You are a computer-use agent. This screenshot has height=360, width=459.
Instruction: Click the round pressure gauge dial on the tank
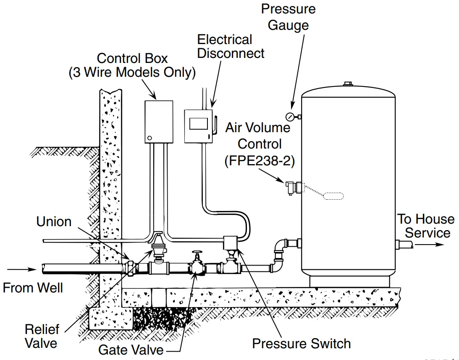pyautogui.click(x=289, y=116)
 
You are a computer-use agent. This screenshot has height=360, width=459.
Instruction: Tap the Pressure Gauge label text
pyautogui.click(x=288, y=17)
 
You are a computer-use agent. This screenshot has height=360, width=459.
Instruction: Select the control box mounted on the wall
pyautogui.click(x=159, y=121)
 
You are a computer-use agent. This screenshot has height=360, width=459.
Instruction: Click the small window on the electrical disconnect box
pyautogui.click(x=198, y=123)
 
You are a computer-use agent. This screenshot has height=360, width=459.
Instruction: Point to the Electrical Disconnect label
pyautogui.click(x=231, y=47)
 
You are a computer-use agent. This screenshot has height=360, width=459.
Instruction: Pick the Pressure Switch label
pyautogui.click(x=301, y=344)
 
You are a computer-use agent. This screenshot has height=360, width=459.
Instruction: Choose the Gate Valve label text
pyautogui.click(x=131, y=350)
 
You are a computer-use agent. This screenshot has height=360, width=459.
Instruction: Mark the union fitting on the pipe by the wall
pyautogui.click(x=131, y=267)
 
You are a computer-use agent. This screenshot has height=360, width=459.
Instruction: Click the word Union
pyautogui.click(x=54, y=222)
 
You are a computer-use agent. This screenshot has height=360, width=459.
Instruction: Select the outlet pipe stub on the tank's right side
pyautogui.click(x=404, y=245)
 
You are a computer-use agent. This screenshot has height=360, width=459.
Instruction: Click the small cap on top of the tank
pyautogui.click(x=347, y=84)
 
